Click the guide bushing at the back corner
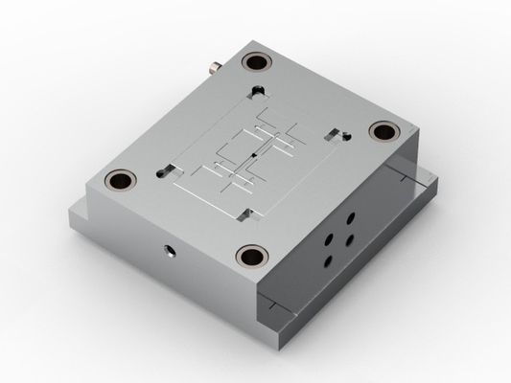(x=256, y=63)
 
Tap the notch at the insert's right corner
(x=333, y=131)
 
